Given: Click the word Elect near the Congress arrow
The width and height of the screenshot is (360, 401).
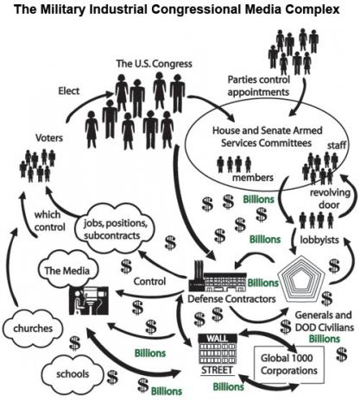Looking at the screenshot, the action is click(x=69, y=91).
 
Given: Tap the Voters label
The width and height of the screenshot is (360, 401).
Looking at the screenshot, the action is click(x=49, y=138).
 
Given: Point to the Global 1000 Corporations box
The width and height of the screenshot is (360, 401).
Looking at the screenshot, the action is click(x=289, y=364).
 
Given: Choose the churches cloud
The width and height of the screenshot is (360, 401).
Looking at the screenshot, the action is click(x=33, y=328).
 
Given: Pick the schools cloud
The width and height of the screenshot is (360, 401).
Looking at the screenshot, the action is click(x=73, y=373).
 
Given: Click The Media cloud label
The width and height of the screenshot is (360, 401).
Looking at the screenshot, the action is click(x=67, y=271).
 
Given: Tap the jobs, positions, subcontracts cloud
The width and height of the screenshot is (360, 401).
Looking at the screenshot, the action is click(x=115, y=229).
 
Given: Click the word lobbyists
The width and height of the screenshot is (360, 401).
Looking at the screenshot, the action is click(x=319, y=240).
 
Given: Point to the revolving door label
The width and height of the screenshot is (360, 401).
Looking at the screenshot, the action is click(x=330, y=198).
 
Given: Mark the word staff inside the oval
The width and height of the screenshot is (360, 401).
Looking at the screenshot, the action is click(x=337, y=145).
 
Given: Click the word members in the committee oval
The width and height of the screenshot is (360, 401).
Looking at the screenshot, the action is click(x=253, y=178).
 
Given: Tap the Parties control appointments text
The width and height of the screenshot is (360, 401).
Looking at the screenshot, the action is click(x=258, y=85).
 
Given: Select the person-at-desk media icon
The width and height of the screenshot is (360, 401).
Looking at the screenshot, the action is click(x=89, y=300).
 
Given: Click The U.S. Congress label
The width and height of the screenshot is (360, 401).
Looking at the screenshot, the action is click(x=154, y=64).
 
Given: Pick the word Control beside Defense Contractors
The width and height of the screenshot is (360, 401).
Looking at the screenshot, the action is click(x=149, y=281).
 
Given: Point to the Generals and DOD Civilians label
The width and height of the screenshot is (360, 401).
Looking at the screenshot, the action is click(x=324, y=321).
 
